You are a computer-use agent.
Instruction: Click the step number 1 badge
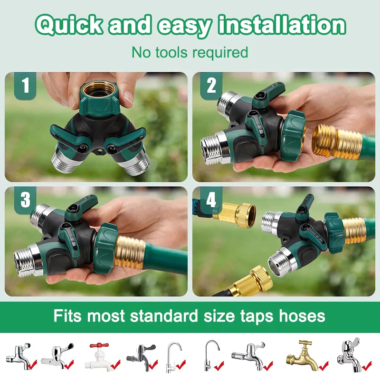pos(25,85)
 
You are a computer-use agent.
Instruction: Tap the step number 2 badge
pos(211,85)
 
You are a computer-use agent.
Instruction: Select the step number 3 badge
pos(25,200)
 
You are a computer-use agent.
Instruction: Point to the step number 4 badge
pos(211,200)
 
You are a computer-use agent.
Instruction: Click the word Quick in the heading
pos(69,25)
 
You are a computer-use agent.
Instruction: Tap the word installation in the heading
pos(282,24)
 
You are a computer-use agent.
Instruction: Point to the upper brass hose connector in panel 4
pos(235,212)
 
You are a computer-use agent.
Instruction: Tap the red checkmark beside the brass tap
pos(323,365)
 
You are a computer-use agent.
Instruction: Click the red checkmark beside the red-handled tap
pos(115,364)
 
